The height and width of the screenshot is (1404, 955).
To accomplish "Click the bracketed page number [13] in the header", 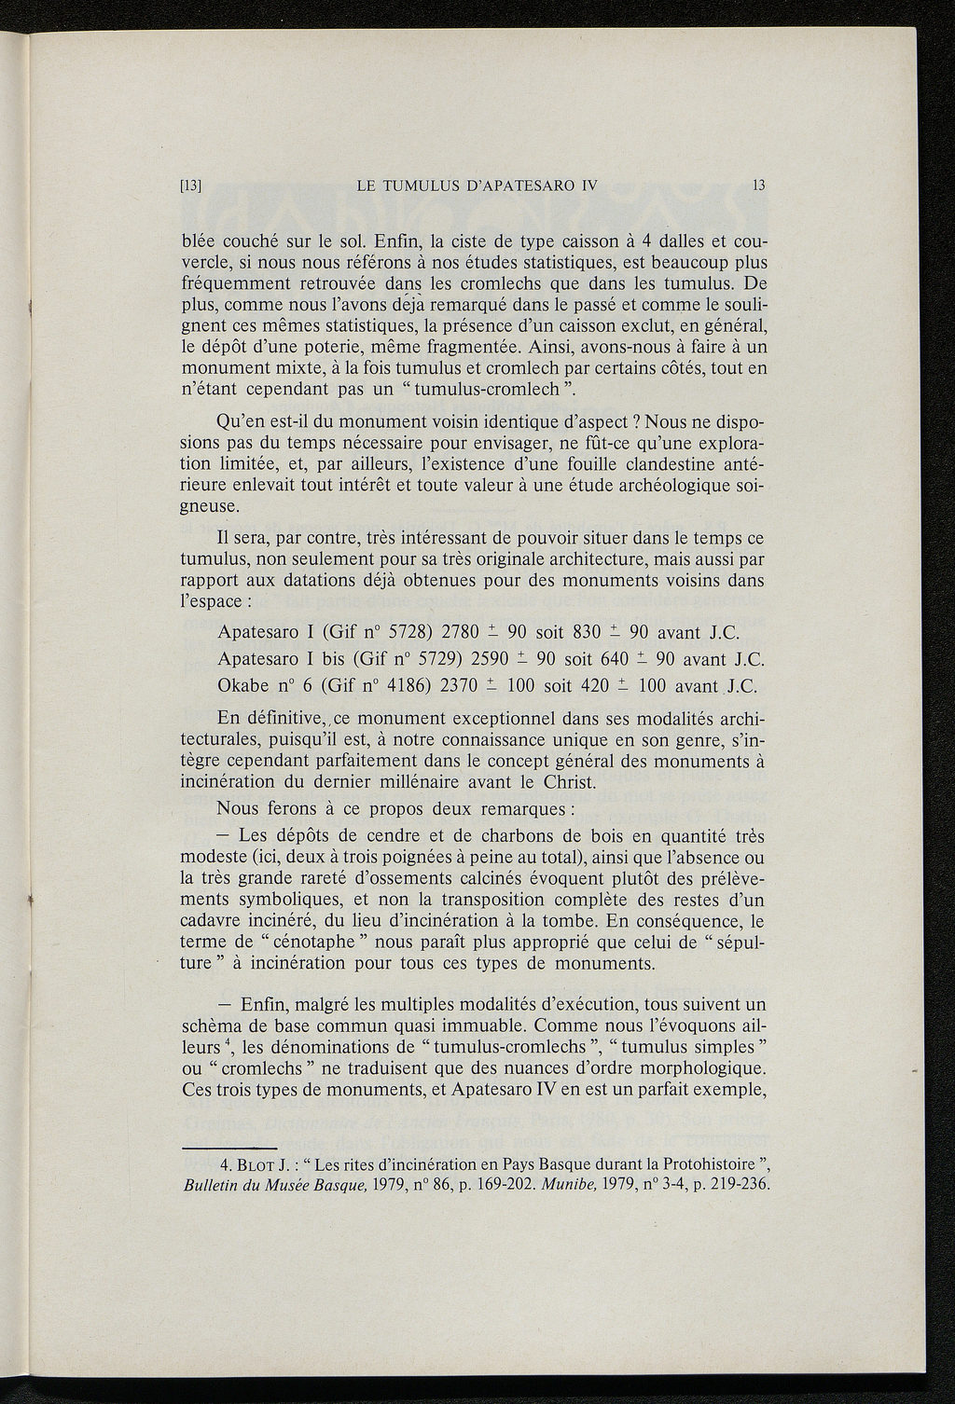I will coord(191,186).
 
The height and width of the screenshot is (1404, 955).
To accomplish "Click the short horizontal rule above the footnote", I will coord(228,1146).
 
